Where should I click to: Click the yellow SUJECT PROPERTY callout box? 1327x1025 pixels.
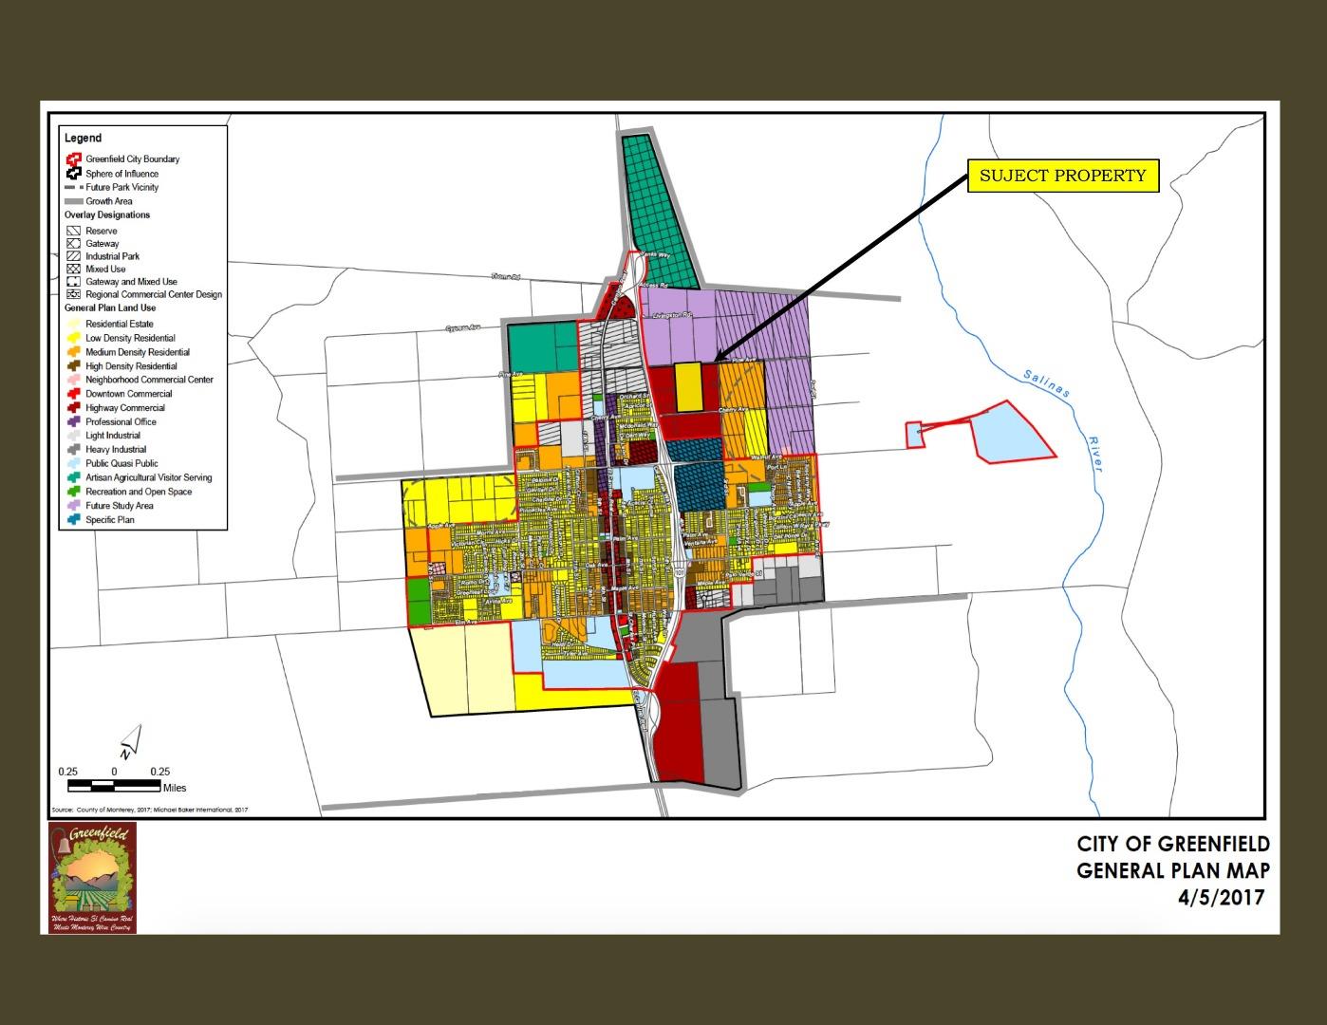click(x=1063, y=176)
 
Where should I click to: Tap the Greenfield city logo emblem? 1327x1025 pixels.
click(x=93, y=877)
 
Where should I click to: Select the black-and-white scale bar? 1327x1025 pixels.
click(x=114, y=785)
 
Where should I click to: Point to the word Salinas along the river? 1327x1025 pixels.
click(x=1046, y=382)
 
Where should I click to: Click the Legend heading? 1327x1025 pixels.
click(x=84, y=138)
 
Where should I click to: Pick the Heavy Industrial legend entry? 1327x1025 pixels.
click(x=115, y=450)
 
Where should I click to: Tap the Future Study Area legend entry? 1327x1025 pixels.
click(x=119, y=506)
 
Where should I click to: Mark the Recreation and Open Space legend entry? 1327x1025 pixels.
click(x=138, y=492)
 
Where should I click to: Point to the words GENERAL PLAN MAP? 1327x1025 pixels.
click(x=1172, y=870)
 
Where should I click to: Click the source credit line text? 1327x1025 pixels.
click(x=149, y=810)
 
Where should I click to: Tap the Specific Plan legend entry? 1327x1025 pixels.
click(x=109, y=520)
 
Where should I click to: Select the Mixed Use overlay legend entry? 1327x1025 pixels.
click(x=104, y=269)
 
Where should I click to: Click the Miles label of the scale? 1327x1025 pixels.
click(x=175, y=788)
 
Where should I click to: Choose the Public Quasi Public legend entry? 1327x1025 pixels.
click(x=121, y=464)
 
